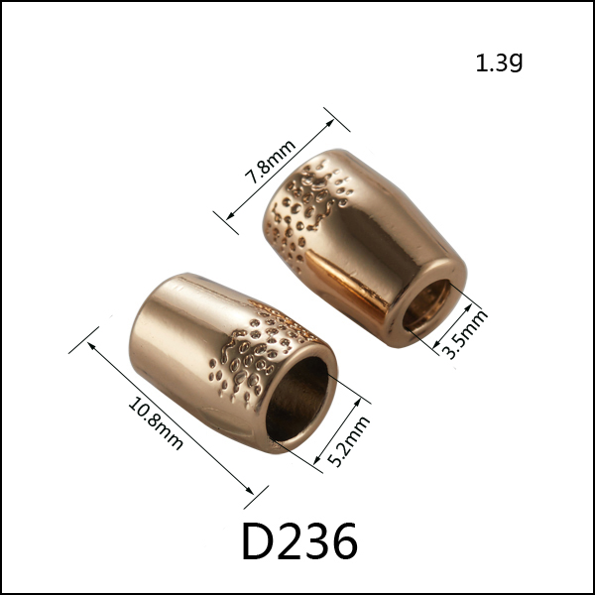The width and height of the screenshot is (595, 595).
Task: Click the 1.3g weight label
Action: (499, 62)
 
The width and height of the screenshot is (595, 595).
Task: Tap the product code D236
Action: (299, 540)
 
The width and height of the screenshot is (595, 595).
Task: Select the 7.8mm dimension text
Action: (270, 162)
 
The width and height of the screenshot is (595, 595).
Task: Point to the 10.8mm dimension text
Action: (156, 423)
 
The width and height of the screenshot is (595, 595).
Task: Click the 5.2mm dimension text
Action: (348, 441)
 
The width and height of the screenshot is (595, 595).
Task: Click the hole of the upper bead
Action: (426, 304)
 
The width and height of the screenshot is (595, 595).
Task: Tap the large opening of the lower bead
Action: (297, 399)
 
